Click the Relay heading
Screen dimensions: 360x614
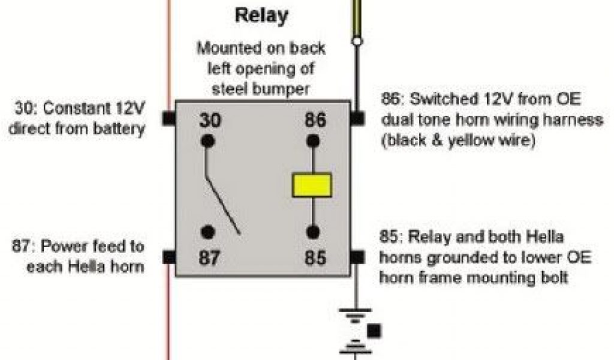pyautogui.click(x=261, y=15)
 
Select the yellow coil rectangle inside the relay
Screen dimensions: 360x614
pyautogui.click(x=312, y=185)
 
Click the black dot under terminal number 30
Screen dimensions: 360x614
pyautogui.click(x=208, y=142)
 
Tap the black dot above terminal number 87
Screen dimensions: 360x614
pyautogui.click(x=208, y=232)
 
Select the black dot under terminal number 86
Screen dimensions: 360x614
pyautogui.click(x=312, y=142)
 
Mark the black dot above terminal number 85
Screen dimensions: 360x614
pyautogui.click(x=312, y=232)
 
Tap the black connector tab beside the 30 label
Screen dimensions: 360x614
pyautogui.click(x=168, y=119)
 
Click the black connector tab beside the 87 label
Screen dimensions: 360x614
pyautogui.click(x=168, y=257)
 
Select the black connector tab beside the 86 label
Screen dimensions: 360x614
pyautogui.click(x=357, y=119)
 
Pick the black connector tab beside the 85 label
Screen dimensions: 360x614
pyautogui.click(x=357, y=257)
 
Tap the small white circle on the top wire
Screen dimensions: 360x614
pyautogui.click(x=357, y=41)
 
